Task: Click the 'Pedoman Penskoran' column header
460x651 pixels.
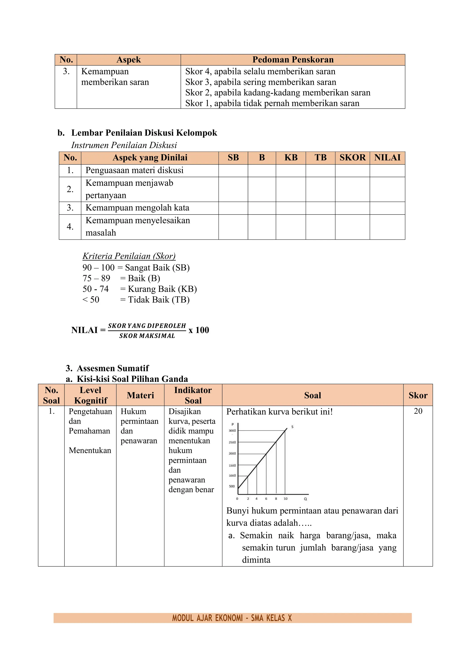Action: click(x=293, y=60)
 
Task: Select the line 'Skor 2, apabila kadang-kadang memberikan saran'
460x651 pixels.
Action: click(x=278, y=93)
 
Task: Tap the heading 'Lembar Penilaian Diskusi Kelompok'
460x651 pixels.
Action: click(x=144, y=133)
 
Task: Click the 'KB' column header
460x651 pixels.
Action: click(x=291, y=158)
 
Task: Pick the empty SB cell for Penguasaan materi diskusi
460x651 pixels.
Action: click(x=233, y=171)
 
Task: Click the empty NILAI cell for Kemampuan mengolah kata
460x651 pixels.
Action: click(x=387, y=208)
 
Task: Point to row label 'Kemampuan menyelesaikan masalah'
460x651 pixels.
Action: click(x=137, y=226)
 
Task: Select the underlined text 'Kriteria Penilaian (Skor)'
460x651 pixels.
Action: click(x=129, y=256)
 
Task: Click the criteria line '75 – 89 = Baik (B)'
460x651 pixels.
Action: click(x=121, y=278)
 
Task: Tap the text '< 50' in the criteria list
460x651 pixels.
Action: click(x=91, y=300)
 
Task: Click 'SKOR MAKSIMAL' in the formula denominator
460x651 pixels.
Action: click(x=147, y=336)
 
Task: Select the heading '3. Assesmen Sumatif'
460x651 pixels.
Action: click(x=107, y=368)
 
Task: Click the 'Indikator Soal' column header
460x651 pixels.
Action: click(x=193, y=395)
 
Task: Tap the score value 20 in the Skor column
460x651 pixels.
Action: click(x=418, y=411)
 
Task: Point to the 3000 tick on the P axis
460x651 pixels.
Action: click(x=232, y=431)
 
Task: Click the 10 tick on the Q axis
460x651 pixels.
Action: click(x=285, y=499)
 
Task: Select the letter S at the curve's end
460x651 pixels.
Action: click(x=292, y=427)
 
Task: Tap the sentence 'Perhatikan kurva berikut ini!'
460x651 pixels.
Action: click(x=279, y=412)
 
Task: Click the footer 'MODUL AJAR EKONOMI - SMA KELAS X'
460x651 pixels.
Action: click(x=232, y=618)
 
